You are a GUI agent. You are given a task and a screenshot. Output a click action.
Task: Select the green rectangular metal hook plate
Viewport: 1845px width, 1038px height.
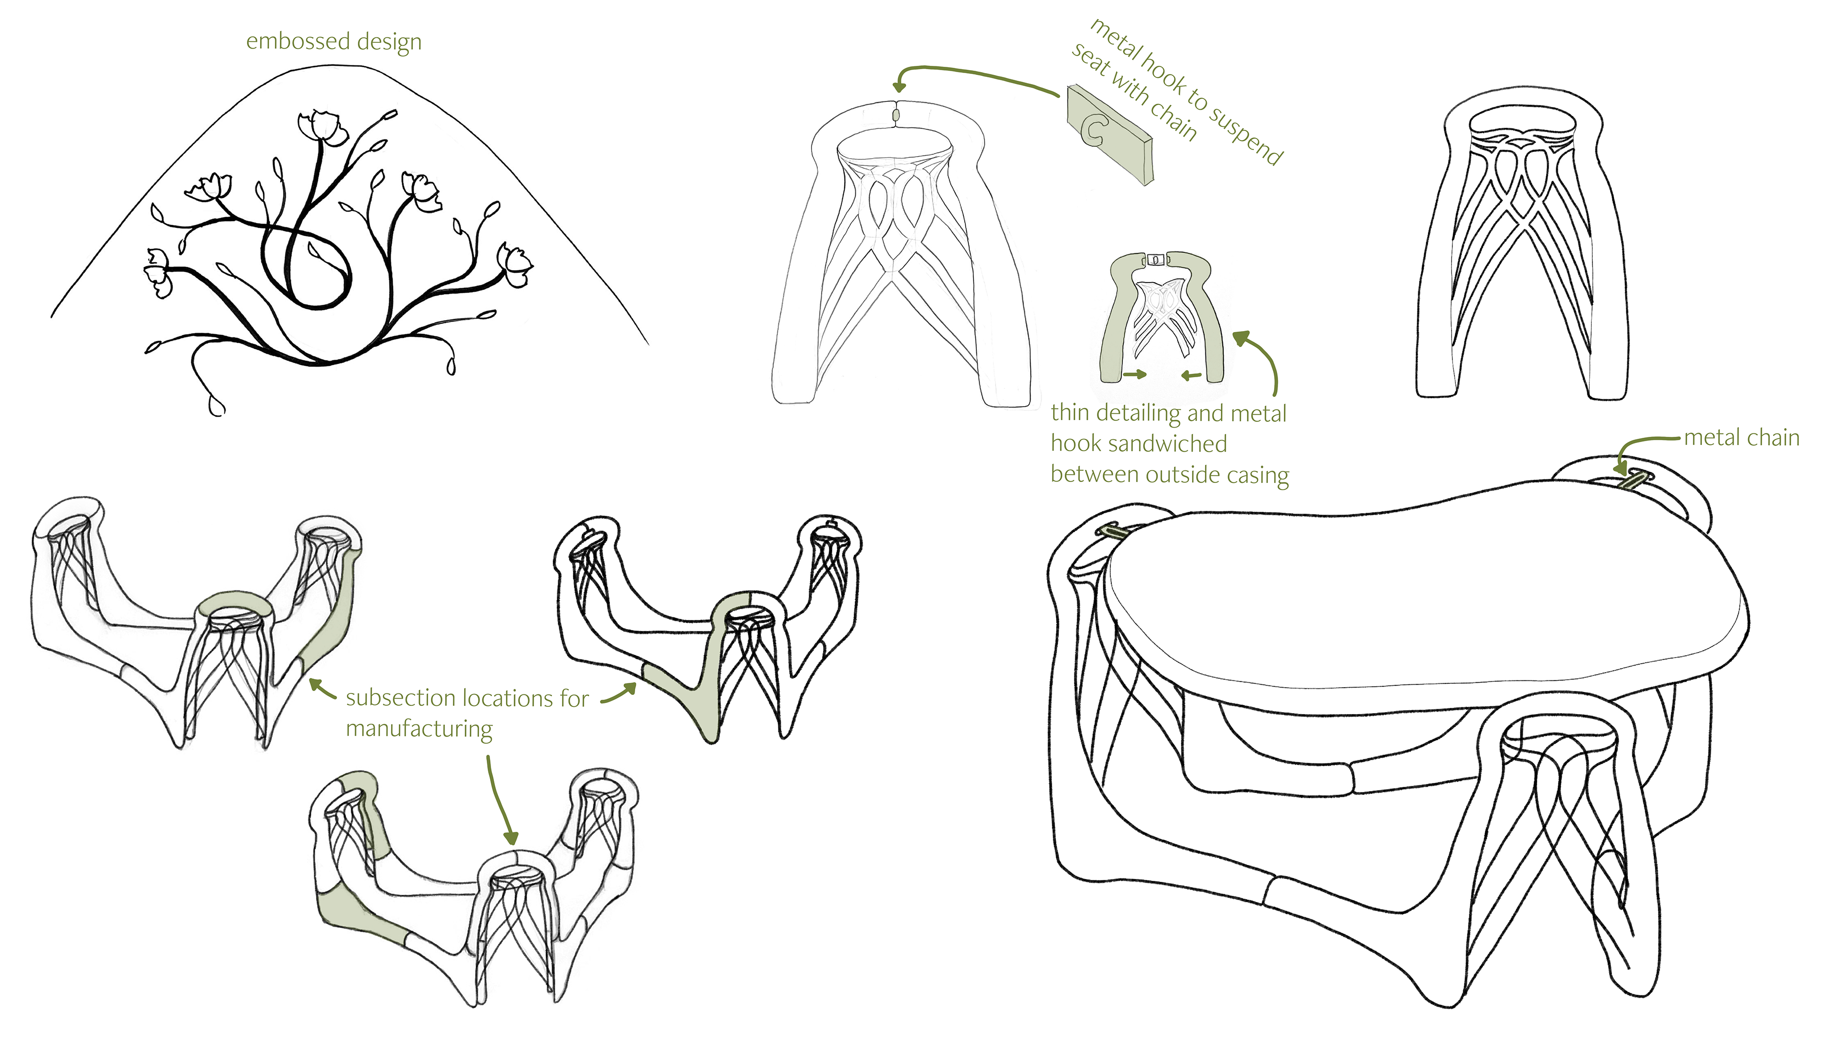[1110, 136]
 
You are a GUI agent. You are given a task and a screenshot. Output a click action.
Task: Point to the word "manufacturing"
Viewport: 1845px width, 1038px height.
[419, 729]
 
